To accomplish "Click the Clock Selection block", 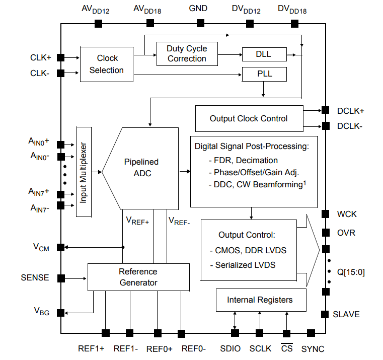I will click(x=107, y=64).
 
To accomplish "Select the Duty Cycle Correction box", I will click(x=187, y=53).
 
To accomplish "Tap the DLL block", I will click(x=264, y=54).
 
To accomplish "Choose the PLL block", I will click(x=264, y=74).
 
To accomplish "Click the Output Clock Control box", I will click(x=249, y=118).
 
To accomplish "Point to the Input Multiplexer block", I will click(x=84, y=172).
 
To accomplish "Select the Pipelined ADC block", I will click(x=140, y=168).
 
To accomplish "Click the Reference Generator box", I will click(x=138, y=277).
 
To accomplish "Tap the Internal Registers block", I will click(x=260, y=300).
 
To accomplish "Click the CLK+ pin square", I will click(x=60, y=58).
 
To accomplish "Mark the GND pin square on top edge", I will click(x=200, y=23).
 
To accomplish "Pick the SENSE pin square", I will click(x=60, y=278).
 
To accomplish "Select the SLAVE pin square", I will click(x=325, y=314).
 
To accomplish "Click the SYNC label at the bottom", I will click(x=313, y=349).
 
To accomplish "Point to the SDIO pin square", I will click(x=235, y=333).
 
